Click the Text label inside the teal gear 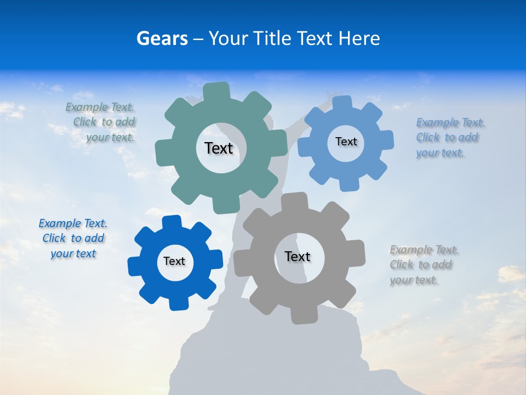coord(219,148)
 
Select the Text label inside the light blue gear coord(346,142)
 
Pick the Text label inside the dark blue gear coord(174,261)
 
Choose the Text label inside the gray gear coord(298,256)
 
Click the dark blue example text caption coord(73,239)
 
